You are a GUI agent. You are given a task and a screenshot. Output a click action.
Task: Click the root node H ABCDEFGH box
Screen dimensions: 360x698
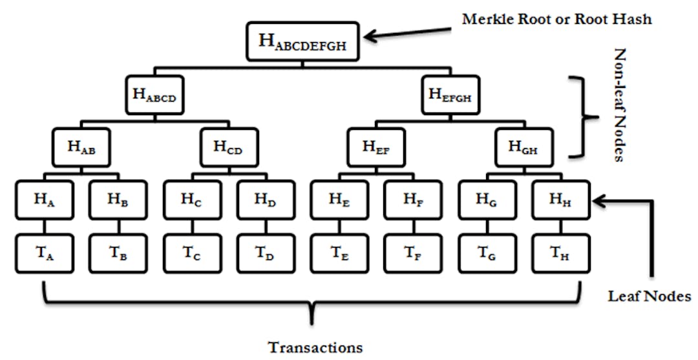(303, 42)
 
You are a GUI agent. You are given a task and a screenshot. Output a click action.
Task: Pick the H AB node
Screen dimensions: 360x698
(81, 147)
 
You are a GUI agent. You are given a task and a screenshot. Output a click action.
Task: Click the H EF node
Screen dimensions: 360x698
(376, 147)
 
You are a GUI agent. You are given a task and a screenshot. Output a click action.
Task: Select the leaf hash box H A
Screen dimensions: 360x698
(43, 200)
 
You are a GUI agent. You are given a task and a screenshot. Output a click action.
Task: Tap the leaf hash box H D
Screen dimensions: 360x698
(266, 200)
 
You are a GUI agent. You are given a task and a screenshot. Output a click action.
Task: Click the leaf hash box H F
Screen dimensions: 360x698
(413, 200)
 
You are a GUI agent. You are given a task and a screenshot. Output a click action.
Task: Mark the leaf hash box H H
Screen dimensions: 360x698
(560, 200)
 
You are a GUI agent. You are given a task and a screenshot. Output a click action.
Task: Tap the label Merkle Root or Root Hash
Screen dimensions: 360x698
(556, 19)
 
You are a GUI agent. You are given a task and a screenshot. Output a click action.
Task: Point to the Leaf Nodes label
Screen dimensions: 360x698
(650, 296)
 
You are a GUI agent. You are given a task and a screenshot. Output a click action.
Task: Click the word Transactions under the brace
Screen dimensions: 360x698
(315, 346)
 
